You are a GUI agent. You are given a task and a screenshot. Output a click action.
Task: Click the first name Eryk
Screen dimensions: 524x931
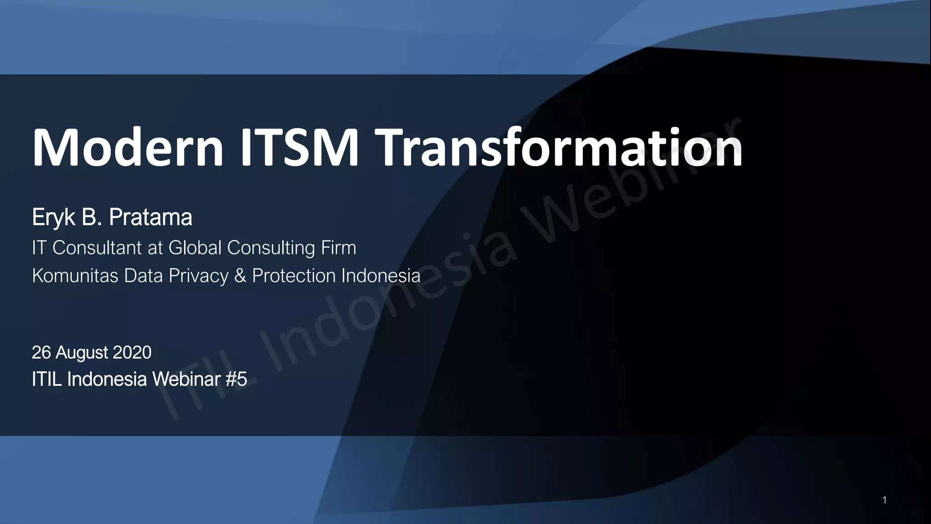pos(53,218)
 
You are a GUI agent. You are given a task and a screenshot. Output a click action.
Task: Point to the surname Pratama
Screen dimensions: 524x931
pos(150,218)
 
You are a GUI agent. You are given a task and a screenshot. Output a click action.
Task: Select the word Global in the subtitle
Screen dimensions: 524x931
pos(195,248)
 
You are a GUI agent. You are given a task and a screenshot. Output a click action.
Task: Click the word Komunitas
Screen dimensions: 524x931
pos(75,276)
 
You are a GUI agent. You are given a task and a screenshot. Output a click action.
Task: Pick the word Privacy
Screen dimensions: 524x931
pos(199,276)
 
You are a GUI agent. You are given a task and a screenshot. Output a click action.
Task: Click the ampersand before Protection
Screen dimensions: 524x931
pos(240,276)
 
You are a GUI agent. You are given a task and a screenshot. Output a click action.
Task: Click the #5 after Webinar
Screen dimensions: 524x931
pos(236,379)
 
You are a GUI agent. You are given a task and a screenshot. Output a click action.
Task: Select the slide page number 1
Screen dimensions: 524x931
pos(884,500)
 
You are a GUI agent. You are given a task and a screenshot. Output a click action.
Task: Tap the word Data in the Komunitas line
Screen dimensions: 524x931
pos(144,276)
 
